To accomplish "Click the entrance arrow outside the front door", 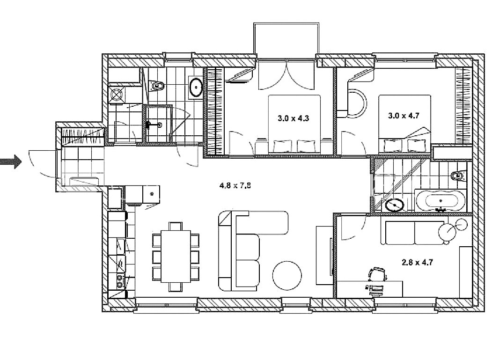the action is tap(11, 162).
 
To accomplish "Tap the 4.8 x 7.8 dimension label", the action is tap(235, 185).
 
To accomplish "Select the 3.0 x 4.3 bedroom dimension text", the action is tap(293, 118).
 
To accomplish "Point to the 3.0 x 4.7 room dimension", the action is tap(404, 116).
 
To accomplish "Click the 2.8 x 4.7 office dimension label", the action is tap(417, 262).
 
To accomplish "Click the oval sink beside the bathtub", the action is tap(395, 205).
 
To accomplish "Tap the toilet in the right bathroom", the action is tap(459, 176).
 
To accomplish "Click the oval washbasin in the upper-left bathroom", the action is tap(197, 87).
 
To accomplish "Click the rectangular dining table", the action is tap(176, 257).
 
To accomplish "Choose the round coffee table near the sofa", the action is tap(287, 275).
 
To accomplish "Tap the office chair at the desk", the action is tap(377, 274).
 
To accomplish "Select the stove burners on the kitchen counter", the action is tap(120, 281).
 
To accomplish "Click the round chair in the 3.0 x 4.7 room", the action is tap(356, 104).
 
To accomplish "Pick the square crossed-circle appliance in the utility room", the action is tap(117, 94).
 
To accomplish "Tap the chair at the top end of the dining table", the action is tap(176, 226).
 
